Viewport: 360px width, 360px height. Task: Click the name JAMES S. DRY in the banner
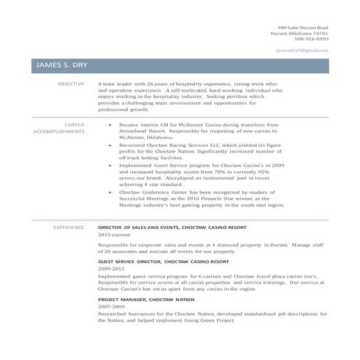pos(61,65)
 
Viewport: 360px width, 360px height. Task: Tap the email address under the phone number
pos(303,50)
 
